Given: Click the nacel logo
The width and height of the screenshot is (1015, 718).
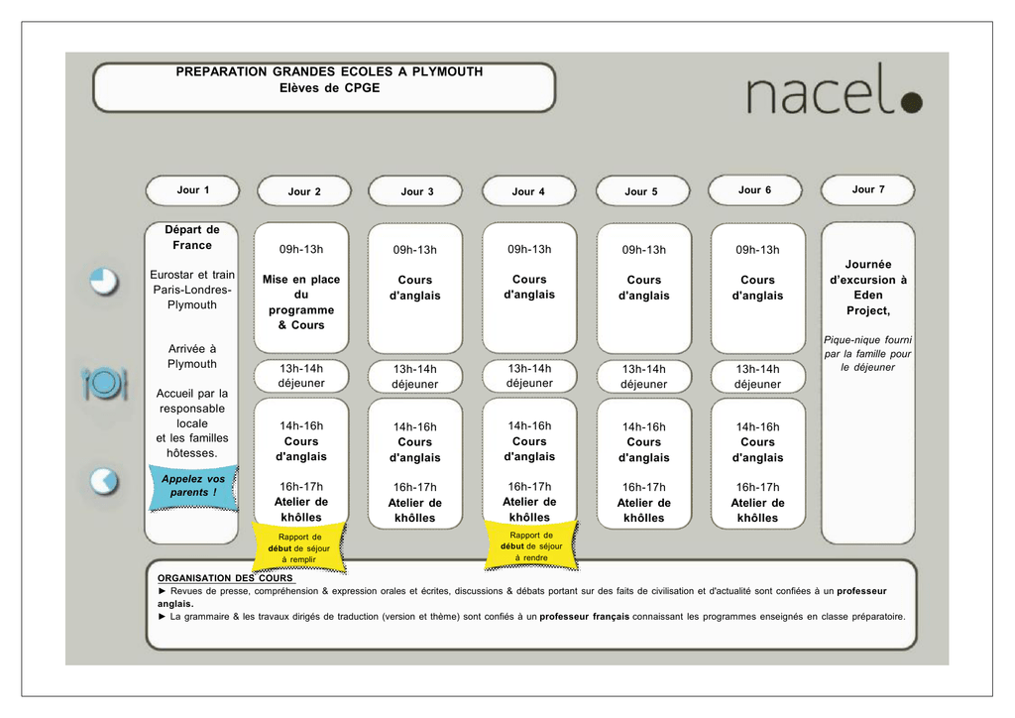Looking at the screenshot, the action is (x=835, y=89).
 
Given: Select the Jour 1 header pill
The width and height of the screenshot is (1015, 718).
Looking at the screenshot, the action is (x=193, y=190).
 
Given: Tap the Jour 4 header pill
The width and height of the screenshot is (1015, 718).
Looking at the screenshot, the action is (x=529, y=191).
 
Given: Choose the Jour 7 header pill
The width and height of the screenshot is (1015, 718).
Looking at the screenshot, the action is (x=868, y=189).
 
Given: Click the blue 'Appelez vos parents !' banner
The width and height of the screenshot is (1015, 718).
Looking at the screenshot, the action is (x=193, y=487).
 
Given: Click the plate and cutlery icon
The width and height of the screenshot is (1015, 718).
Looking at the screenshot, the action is (x=104, y=383).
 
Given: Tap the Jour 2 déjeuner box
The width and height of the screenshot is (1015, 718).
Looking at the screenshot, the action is (x=301, y=376).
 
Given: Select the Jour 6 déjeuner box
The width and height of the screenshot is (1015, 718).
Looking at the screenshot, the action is (x=757, y=377).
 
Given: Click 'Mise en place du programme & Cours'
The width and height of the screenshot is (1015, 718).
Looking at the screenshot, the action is (x=301, y=302).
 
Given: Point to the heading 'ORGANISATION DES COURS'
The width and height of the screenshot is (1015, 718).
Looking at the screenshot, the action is (x=225, y=578).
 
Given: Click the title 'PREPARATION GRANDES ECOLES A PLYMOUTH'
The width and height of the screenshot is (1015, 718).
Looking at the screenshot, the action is (x=329, y=71).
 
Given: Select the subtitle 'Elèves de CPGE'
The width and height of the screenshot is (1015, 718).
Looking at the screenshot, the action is (x=329, y=88).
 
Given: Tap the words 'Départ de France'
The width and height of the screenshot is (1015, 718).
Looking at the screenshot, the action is (x=192, y=238).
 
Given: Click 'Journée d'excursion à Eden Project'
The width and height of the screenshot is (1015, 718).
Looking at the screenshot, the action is (x=868, y=288).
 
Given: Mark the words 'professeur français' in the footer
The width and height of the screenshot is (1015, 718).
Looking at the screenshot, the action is (x=585, y=617).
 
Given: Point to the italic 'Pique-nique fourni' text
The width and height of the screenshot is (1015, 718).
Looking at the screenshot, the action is (x=867, y=340).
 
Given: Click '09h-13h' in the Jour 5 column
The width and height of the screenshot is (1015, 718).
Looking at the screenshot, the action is (x=644, y=250).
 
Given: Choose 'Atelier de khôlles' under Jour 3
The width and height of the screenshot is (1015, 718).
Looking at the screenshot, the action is (x=415, y=511).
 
